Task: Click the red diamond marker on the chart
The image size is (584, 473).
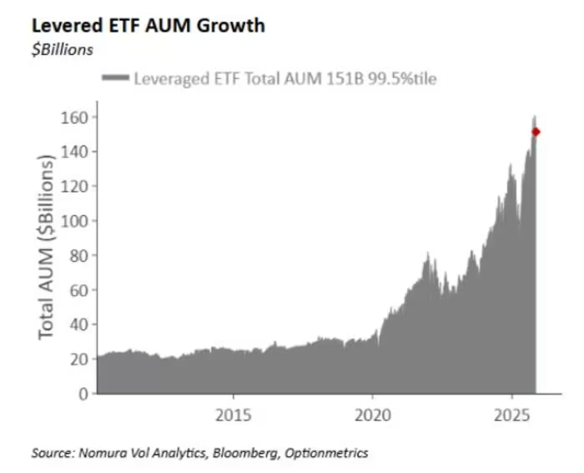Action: pos(536,132)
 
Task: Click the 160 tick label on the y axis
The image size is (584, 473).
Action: pos(73,118)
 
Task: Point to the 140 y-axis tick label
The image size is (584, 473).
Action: pos(73,152)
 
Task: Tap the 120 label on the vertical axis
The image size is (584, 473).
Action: pos(73,187)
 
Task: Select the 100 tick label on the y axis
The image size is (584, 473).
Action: pos(73,221)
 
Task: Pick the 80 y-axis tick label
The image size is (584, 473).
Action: pos(78,255)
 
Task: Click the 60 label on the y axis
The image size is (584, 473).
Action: pos(78,290)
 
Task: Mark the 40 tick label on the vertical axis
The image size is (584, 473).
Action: pos(78,325)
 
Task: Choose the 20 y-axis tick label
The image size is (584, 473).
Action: pos(78,359)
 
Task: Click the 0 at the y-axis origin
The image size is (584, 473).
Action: pos(83,394)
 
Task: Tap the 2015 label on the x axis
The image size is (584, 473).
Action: pos(234,415)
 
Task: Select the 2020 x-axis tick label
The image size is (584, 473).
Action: pos(373,415)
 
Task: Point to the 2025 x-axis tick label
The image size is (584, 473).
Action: pos(512,415)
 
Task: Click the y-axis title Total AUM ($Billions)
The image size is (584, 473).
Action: pos(47,247)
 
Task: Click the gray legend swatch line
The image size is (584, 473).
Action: pos(115,78)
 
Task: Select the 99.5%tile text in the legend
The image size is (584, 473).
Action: pos(403,78)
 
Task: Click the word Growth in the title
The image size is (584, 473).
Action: pos(231,26)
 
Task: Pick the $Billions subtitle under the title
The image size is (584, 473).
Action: pos(63,49)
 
